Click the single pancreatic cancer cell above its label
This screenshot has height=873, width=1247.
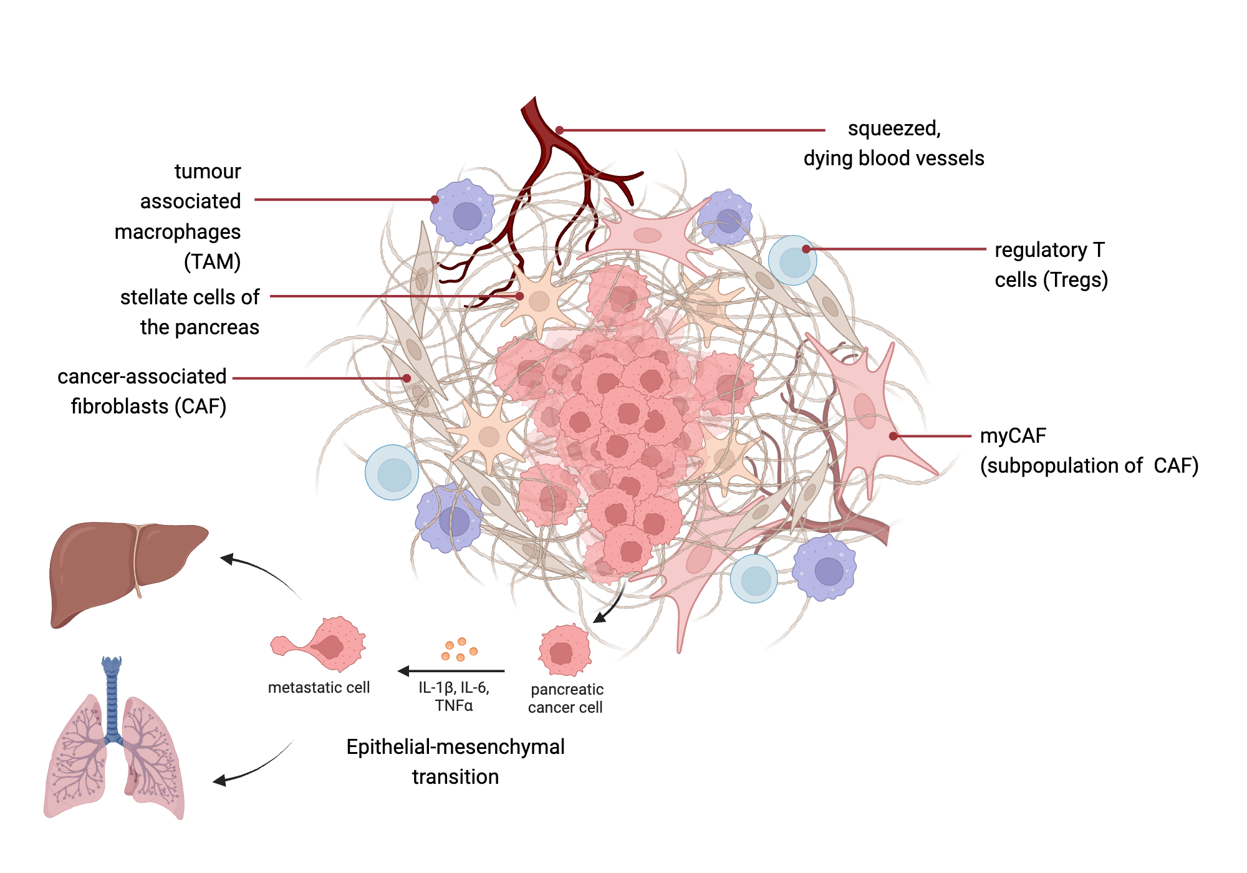[564, 651]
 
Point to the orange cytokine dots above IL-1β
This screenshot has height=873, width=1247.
[460, 649]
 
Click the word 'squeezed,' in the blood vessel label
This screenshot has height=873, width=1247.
[893, 128]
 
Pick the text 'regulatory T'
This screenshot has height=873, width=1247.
[1049, 250]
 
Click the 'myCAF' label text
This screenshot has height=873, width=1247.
[1013, 435]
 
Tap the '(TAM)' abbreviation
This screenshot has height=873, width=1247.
[212, 261]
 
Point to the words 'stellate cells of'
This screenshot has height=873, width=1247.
[190, 297]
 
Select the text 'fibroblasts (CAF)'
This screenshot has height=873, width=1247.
[148, 407]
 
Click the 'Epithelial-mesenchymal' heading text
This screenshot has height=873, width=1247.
[455, 746]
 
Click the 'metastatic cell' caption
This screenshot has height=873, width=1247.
[319, 687]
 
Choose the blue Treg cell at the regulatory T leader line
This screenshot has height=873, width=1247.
[792, 261]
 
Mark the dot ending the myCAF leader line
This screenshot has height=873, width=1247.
[893, 436]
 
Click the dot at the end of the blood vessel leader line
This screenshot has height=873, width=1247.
[559, 130]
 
